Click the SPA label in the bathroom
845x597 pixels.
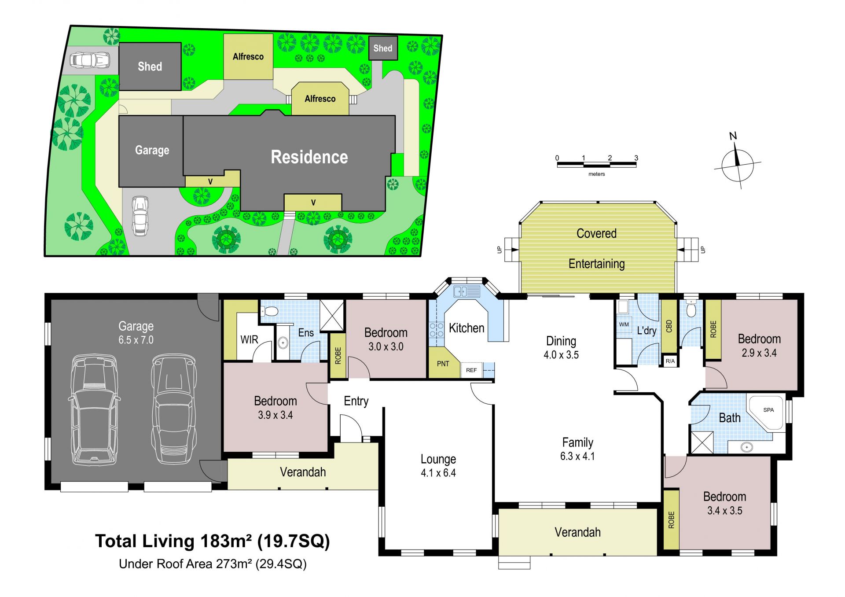768,410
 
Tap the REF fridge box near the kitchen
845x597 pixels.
471,370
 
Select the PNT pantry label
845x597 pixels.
443,364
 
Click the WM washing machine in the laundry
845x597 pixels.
624,324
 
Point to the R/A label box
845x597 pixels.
670,361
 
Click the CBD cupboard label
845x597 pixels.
669,326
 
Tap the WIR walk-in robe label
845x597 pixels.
249,340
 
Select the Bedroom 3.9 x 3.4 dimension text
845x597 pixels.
276,415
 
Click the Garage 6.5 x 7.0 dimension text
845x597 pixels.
136,340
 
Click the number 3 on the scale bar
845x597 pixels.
636,158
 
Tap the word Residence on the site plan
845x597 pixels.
309,157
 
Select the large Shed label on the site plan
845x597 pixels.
150,66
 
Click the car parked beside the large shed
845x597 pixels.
90,60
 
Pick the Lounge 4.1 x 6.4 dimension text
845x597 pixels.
438,473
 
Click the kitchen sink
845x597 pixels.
467,291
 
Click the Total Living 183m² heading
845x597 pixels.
213,541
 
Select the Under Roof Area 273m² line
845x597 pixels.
213,564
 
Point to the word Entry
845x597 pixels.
356,402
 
